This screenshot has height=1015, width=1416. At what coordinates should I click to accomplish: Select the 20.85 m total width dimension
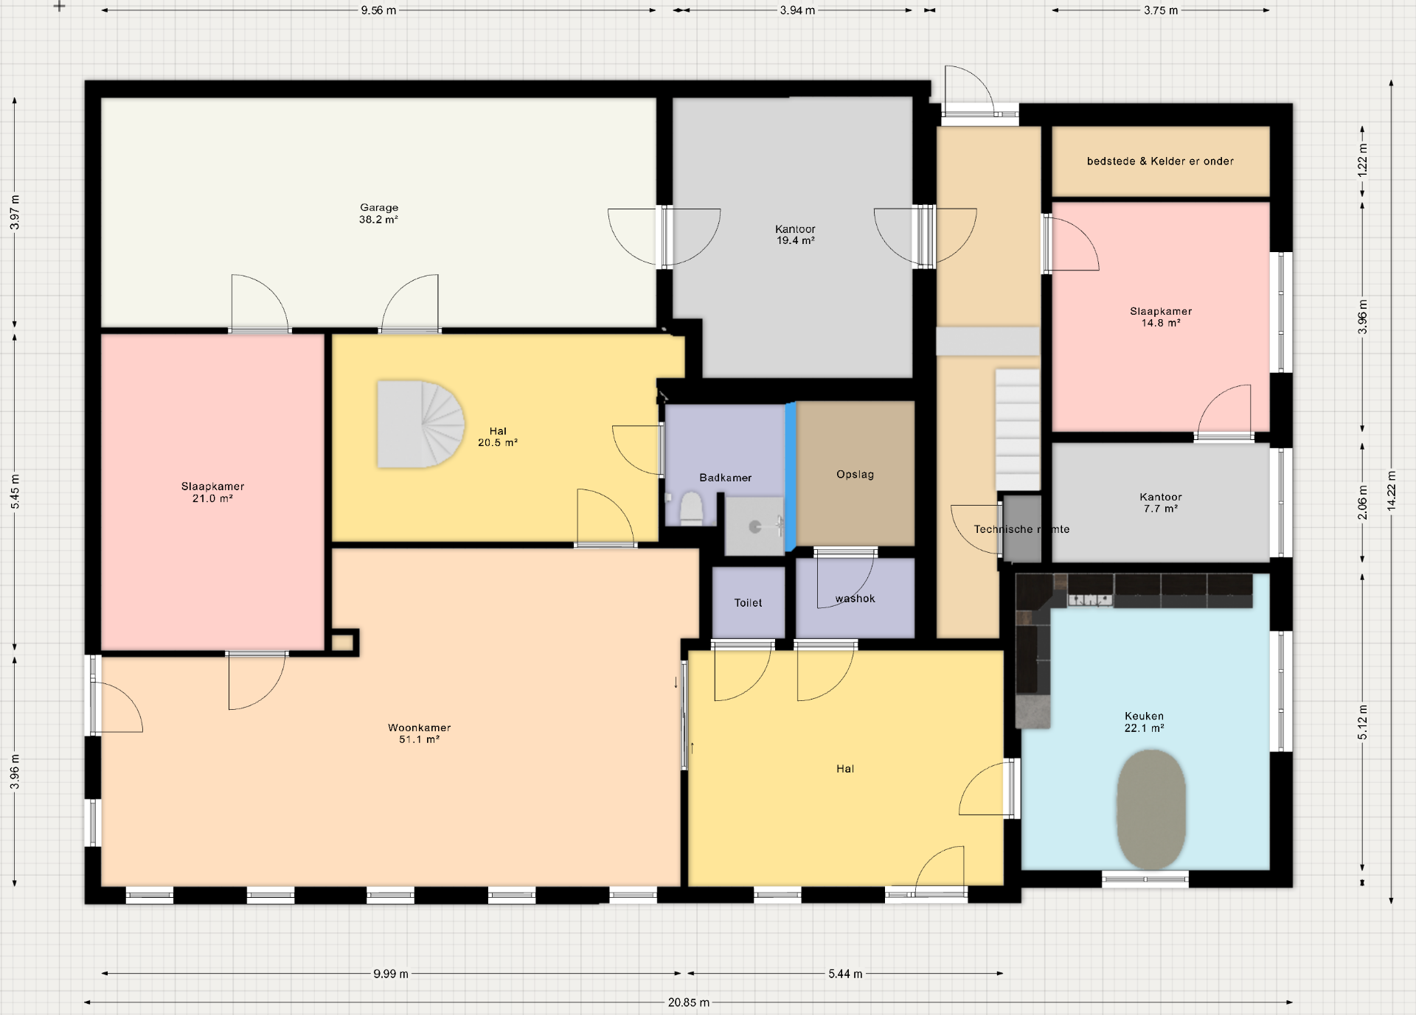tap(689, 1002)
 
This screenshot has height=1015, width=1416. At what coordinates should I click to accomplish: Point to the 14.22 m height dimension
tap(1391, 491)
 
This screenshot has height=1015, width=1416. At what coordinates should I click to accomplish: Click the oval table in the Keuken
tap(1150, 809)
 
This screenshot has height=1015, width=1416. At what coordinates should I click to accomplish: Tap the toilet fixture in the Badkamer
tap(691, 509)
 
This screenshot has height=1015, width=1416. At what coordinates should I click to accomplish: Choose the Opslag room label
tap(855, 474)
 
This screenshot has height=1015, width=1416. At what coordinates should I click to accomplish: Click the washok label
tap(855, 599)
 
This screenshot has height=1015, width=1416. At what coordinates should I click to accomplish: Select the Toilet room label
tap(748, 602)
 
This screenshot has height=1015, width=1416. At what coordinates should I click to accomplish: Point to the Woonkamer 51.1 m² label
tap(420, 733)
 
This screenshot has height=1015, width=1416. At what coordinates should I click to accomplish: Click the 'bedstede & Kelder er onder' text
tap(1160, 161)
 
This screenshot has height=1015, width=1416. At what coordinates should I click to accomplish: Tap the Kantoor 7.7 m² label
tap(1160, 503)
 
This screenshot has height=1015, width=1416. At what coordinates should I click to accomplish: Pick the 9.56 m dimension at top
tap(378, 10)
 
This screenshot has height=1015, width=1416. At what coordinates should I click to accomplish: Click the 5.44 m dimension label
tap(845, 974)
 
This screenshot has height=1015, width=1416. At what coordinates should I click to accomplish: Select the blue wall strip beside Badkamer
tap(791, 476)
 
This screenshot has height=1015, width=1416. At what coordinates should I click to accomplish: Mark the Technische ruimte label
tap(1021, 529)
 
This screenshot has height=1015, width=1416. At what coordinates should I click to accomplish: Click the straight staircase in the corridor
tap(1018, 430)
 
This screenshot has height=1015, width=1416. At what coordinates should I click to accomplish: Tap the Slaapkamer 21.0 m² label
tap(212, 492)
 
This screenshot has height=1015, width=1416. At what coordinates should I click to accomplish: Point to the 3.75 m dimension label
tap(1161, 10)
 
